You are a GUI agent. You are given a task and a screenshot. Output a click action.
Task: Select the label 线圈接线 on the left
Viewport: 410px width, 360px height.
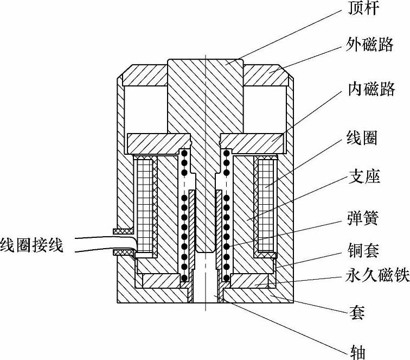(32, 245)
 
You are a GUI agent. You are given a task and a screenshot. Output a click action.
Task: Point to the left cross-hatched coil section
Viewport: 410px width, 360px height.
(145, 204)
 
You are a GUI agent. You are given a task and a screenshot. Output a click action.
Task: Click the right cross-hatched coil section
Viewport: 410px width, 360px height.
(267, 204)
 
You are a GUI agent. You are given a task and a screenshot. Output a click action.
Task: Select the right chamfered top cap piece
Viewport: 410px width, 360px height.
(267, 75)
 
